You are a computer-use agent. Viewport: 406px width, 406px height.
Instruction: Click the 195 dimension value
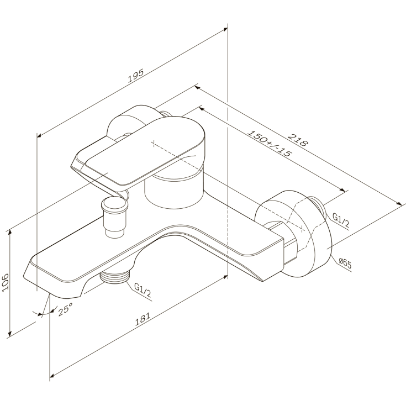(x=136, y=76)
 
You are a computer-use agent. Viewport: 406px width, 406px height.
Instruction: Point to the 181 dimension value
(x=143, y=319)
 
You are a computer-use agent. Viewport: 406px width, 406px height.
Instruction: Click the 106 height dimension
(x=6, y=283)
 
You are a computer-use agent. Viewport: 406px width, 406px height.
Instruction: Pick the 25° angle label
(x=65, y=309)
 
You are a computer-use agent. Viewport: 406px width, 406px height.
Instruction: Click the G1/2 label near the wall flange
(x=341, y=220)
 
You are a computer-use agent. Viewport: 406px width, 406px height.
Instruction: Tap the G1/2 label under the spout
(x=143, y=289)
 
